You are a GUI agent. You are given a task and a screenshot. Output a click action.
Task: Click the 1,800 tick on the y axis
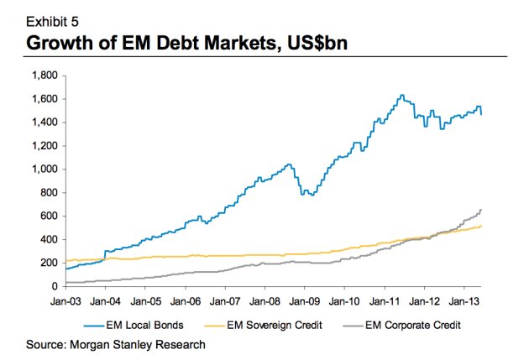coord(41,75)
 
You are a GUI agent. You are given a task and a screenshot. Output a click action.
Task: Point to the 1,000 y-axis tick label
coord(41,169)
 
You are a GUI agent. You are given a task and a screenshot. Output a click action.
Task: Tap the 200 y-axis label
coord(47,263)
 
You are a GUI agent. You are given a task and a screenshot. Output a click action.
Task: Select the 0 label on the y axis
coord(53,286)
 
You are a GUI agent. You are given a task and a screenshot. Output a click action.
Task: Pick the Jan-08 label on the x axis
coord(264,300)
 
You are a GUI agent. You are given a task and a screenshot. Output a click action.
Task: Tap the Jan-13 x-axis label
coord(464,300)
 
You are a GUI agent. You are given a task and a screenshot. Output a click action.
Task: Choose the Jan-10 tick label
coord(344,300)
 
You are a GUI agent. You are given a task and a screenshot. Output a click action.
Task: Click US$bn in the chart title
coord(307,40)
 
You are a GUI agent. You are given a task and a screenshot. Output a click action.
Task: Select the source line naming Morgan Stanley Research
coord(116,343)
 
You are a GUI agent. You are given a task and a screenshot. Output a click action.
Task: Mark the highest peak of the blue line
coord(401,95)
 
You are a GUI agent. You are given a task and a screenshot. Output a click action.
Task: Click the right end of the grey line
coord(481,209)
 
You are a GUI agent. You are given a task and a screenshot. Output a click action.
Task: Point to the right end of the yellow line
coord(481,226)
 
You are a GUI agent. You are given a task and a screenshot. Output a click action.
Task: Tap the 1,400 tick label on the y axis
coord(41,122)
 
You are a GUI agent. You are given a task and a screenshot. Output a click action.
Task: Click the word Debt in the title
coord(175,40)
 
